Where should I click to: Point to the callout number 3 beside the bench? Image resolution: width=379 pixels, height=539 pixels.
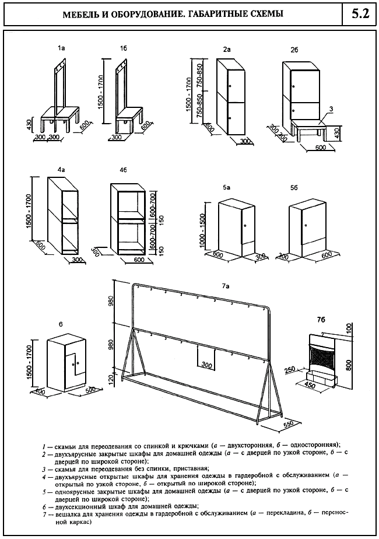331,108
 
